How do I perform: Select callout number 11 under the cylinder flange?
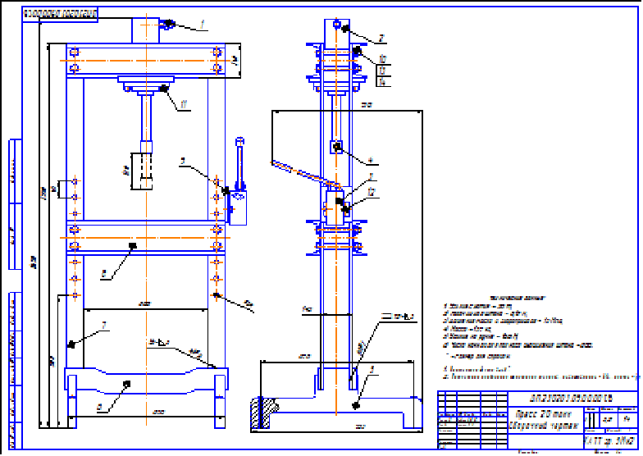coord(185,104)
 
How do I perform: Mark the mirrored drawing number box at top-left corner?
coord(59,15)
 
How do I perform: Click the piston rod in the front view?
coord(147,118)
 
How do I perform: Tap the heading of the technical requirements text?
coord(492,299)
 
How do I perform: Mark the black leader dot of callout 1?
coord(168,23)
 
